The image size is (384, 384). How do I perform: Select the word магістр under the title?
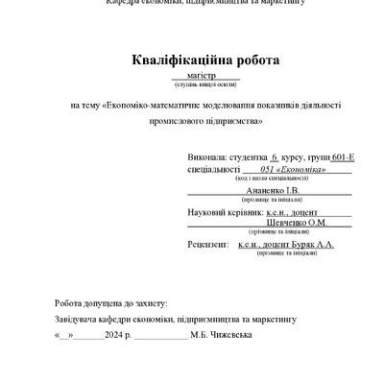coord(206,74)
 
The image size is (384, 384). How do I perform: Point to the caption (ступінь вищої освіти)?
coord(206,84)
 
